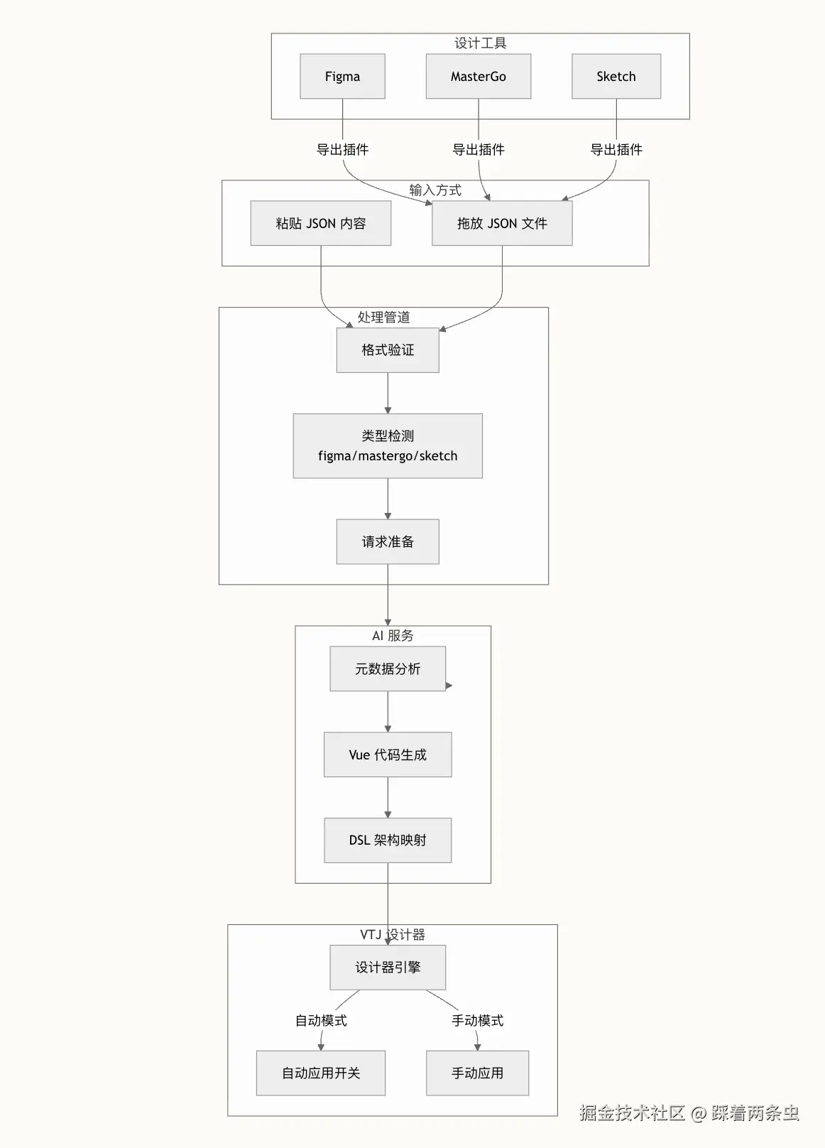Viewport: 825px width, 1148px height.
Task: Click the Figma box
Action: [x=342, y=76]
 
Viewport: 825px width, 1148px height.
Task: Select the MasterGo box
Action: [x=478, y=76]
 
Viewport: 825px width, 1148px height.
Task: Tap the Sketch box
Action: [x=616, y=76]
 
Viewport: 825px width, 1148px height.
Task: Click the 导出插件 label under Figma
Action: [x=342, y=149]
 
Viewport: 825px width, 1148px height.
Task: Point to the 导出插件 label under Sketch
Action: [x=616, y=149]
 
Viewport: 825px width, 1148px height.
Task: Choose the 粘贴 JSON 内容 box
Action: [x=320, y=223]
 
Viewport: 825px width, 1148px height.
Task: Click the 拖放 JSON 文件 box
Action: [x=501, y=223]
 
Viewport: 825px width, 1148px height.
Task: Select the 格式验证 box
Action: [x=387, y=350]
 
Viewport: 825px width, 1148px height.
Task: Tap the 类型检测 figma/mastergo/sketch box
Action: [x=387, y=445]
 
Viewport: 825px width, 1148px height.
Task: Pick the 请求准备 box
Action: [x=387, y=541]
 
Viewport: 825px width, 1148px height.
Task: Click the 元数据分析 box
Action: [x=387, y=668]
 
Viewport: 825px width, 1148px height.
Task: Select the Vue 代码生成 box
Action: [x=387, y=754]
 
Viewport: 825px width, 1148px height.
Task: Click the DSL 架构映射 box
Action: [x=387, y=840]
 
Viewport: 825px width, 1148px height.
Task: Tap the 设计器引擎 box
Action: [x=387, y=967]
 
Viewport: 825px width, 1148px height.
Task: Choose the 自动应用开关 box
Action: [x=320, y=1073]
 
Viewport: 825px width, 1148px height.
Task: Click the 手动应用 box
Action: [x=477, y=1073]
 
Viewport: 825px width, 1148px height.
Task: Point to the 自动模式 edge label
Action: [x=321, y=1020]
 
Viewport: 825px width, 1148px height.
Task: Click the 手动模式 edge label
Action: [x=477, y=1020]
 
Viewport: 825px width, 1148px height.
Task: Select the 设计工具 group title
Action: [x=480, y=43]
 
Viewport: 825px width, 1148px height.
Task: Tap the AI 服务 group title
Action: [x=393, y=636]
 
